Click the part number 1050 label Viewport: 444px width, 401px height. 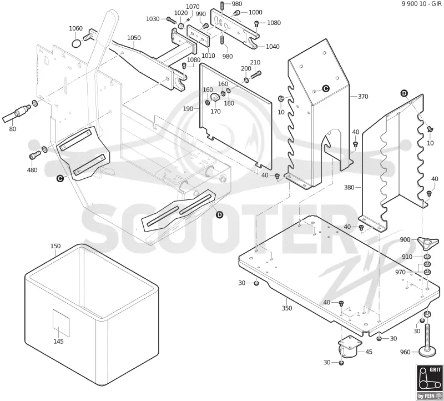(x=134, y=38)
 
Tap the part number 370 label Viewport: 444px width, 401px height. (x=363, y=97)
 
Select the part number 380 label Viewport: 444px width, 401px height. (x=349, y=187)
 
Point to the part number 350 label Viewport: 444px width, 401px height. (x=287, y=308)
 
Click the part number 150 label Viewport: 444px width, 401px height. (x=56, y=246)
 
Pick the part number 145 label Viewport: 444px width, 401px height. (x=59, y=342)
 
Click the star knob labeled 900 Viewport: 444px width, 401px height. (x=428, y=243)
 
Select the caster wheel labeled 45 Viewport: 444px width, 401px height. (x=350, y=348)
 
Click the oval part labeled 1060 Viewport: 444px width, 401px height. (x=76, y=44)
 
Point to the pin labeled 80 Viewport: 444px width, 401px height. (x=17, y=113)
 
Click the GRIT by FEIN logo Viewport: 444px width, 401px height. (x=428, y=382)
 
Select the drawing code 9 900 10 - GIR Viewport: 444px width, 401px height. (x=421, y=4)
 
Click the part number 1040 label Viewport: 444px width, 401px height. (x=273, y=47)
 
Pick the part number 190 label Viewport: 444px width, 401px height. (x=188, y=109)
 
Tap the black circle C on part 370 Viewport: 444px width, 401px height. (x=326, y=88)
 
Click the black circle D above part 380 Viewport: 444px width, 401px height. (x=404, y=93)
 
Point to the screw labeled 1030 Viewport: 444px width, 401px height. (x=170, y=19)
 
